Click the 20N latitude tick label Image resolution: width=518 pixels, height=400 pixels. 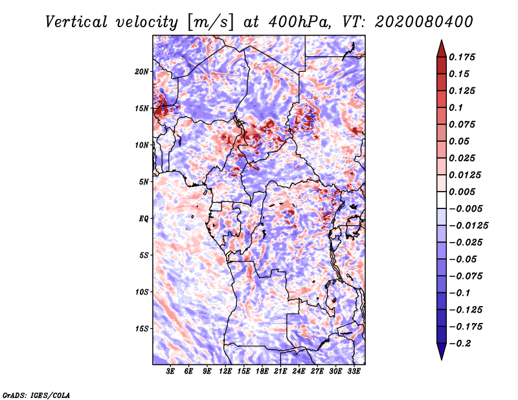click(141, 72)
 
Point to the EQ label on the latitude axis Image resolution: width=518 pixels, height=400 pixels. click(144, 219)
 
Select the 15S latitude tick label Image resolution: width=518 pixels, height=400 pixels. click(142, 329)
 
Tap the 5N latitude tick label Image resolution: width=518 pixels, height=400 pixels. click(144, 182)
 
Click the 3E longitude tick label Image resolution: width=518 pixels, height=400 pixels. click(170, 371)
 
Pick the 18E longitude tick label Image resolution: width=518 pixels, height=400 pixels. click(262, 371)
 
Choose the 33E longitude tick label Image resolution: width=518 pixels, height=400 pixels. click(354, 371)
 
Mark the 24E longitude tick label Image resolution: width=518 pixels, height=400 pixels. click(298, 371)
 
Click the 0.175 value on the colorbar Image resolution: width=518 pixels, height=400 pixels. click(462, 57)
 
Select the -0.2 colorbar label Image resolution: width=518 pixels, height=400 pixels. click(460, 344)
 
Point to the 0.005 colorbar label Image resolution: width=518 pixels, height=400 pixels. click(462, 192)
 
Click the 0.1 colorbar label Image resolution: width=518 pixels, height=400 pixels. click(456, 107)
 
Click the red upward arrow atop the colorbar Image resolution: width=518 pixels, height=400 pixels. click(442, 49)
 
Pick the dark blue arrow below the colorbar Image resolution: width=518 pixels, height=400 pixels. click(442, 351)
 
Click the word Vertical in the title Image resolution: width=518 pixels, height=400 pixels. click(76, 22)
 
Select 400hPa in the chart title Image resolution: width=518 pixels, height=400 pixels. click(299, 22)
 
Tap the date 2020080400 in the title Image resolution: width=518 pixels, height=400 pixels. click(424, 22)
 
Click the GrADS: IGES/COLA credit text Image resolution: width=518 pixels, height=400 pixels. click(36, 395)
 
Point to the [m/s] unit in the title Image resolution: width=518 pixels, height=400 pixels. click(210, 22)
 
